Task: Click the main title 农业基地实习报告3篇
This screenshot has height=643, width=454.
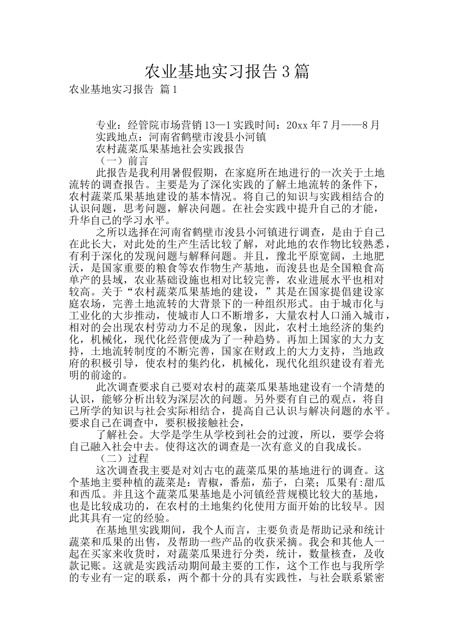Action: tap(227, 72)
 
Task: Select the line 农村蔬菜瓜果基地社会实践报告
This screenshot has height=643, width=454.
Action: tap(171, 149)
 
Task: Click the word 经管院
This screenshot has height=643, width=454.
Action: tap(143, 125)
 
